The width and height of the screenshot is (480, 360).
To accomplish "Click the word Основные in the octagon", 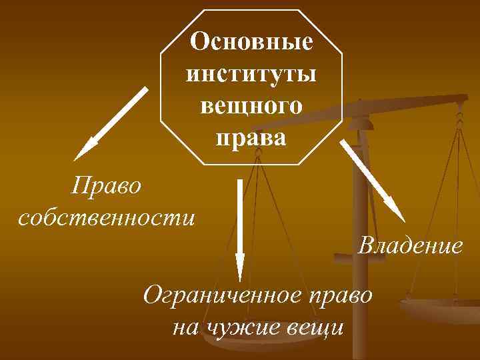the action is coord(251,42).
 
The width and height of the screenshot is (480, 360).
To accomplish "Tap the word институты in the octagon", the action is coord(251,73).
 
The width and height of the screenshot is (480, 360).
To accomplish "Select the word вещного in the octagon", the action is coord(251,105).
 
